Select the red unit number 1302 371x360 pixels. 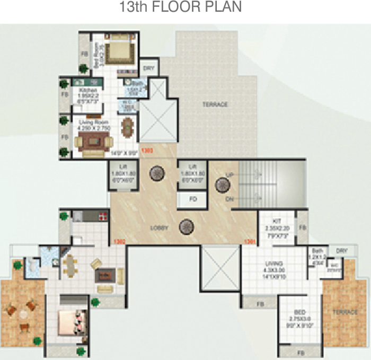119,241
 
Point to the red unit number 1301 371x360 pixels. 249,241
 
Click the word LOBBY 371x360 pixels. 158,228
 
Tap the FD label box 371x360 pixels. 193,200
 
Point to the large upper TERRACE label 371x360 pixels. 215,105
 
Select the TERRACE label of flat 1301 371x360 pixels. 345,312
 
